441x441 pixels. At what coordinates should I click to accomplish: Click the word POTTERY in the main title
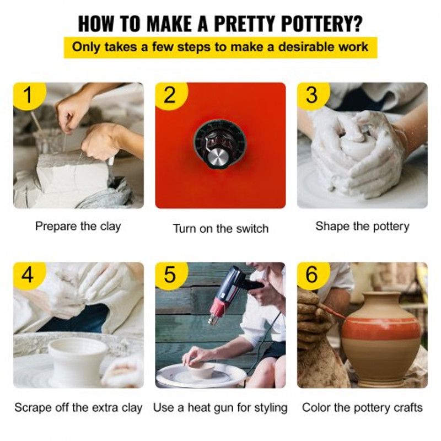click(322, 24)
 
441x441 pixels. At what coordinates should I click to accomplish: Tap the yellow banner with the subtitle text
click(220, 47)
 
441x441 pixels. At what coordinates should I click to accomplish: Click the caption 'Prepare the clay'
click(78, 227)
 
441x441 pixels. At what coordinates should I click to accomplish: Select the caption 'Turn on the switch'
click(221, 228)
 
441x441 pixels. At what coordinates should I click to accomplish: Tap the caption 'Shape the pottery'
click(362, 227)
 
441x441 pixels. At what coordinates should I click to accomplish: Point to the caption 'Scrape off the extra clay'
click(78, 408)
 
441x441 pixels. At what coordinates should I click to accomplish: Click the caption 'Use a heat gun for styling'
click(220, 408)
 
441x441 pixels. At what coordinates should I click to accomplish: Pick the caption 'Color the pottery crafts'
click(362, 408)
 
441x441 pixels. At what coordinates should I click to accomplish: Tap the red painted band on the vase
click(382, 329)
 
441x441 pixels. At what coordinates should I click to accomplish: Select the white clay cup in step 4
click(77, 360)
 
